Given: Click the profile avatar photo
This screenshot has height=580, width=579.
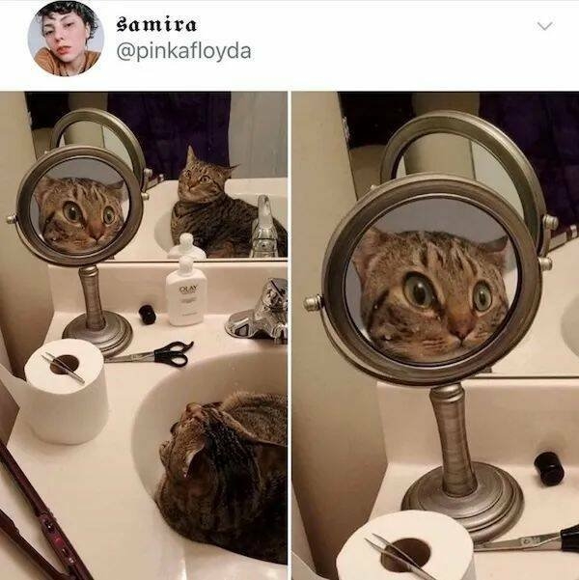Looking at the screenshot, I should (x=65, y=38).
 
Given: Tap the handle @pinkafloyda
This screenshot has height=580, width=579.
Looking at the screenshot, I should (x=183, y=50).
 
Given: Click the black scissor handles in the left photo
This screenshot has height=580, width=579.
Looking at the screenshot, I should (x=172, y=355).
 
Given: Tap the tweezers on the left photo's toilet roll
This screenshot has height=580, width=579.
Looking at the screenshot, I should (x=64, y=368).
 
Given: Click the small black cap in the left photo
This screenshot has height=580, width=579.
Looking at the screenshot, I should (x=147, y=314).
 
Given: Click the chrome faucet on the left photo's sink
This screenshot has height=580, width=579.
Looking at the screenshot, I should (x=261, y=318).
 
